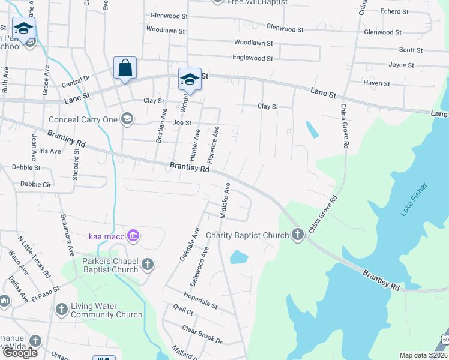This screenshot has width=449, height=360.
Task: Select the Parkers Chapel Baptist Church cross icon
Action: [148, 264]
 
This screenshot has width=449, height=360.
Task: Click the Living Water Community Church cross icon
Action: [61, 310]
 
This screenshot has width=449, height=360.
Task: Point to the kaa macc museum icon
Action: [133, 236]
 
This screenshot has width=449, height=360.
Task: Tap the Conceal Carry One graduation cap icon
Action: [127, 119]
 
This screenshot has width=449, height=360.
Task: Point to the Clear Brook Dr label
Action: [202, 335]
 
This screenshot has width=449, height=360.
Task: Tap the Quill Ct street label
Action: [182, 312]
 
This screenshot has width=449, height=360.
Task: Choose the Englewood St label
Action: [253, 58]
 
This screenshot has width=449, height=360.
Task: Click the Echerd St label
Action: [394, 11]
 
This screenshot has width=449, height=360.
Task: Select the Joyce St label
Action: [402, 65]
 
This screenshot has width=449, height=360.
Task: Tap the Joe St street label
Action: [182, 122]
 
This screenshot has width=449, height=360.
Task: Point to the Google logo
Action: [20, 352]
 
